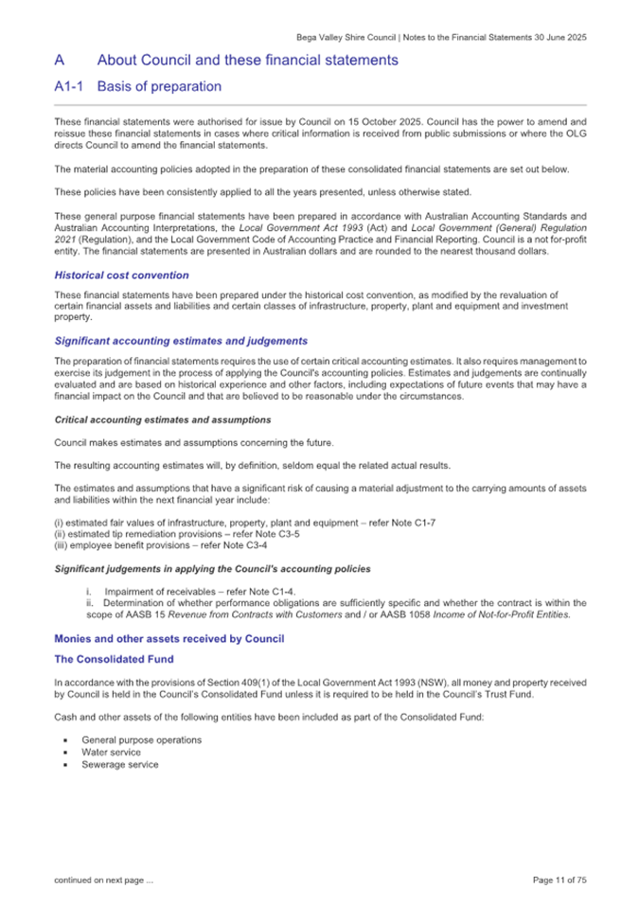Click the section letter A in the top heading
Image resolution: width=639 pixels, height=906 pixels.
tap(59, 60)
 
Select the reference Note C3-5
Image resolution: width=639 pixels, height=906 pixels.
tap(252, 533)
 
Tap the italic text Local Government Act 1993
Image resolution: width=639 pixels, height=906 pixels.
tap(296, 229)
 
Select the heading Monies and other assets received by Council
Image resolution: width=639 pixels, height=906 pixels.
tap(169, 639)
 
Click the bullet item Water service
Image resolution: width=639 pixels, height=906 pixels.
tap(111, 753)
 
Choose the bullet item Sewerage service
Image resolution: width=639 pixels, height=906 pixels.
tap(119, 765)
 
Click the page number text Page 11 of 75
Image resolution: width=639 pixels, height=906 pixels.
tap(559, 880)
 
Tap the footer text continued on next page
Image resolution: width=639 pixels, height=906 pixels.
tap(103, 880)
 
